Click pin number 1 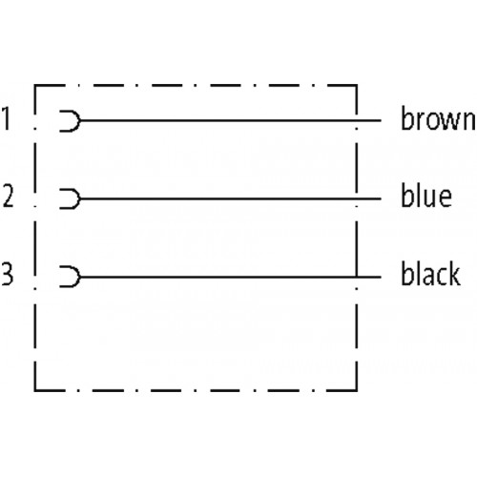click(x=7, y=118)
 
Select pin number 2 click(x=9, y=196)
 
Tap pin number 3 click(x=8, y=274)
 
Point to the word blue click(x=426, y=196)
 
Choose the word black click(x=430, y=273)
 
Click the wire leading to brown click(x=231, y=121)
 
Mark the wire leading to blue click(x=231, y=199)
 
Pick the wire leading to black click(x=231, y=278)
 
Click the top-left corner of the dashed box click(x=35, y=85)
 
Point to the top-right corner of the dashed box click(x=357, y=85)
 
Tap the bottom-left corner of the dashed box click(x=35, y=390)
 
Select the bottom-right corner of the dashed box click(x=357, y=390)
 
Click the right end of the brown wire click(x=381, y=121)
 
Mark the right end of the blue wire click(x=381, y=199)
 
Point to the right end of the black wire click(x=381, y=278)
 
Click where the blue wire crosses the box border click(x=357, y=199)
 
